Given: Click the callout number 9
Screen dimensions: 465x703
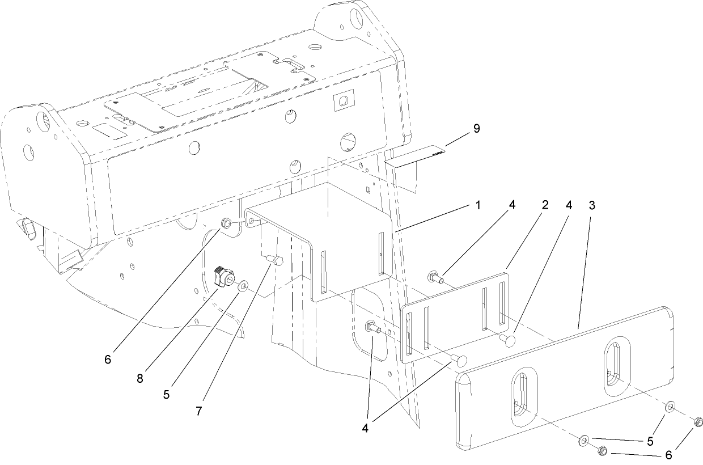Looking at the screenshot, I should (x=476, y=129).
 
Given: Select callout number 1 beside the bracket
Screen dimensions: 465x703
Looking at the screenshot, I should (x=478, y=205).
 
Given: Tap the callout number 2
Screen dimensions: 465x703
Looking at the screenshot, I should (x=544, y=205).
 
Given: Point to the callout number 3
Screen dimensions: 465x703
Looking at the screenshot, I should (x=591, y=205).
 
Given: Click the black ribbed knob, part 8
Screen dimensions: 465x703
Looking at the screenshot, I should (x=223, y=277).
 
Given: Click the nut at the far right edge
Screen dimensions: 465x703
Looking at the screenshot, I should (x=698, y=421).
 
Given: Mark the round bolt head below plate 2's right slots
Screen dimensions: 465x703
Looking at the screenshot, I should (x=507, y=340).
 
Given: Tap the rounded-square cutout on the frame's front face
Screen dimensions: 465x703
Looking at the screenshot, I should (x=343, y=100).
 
